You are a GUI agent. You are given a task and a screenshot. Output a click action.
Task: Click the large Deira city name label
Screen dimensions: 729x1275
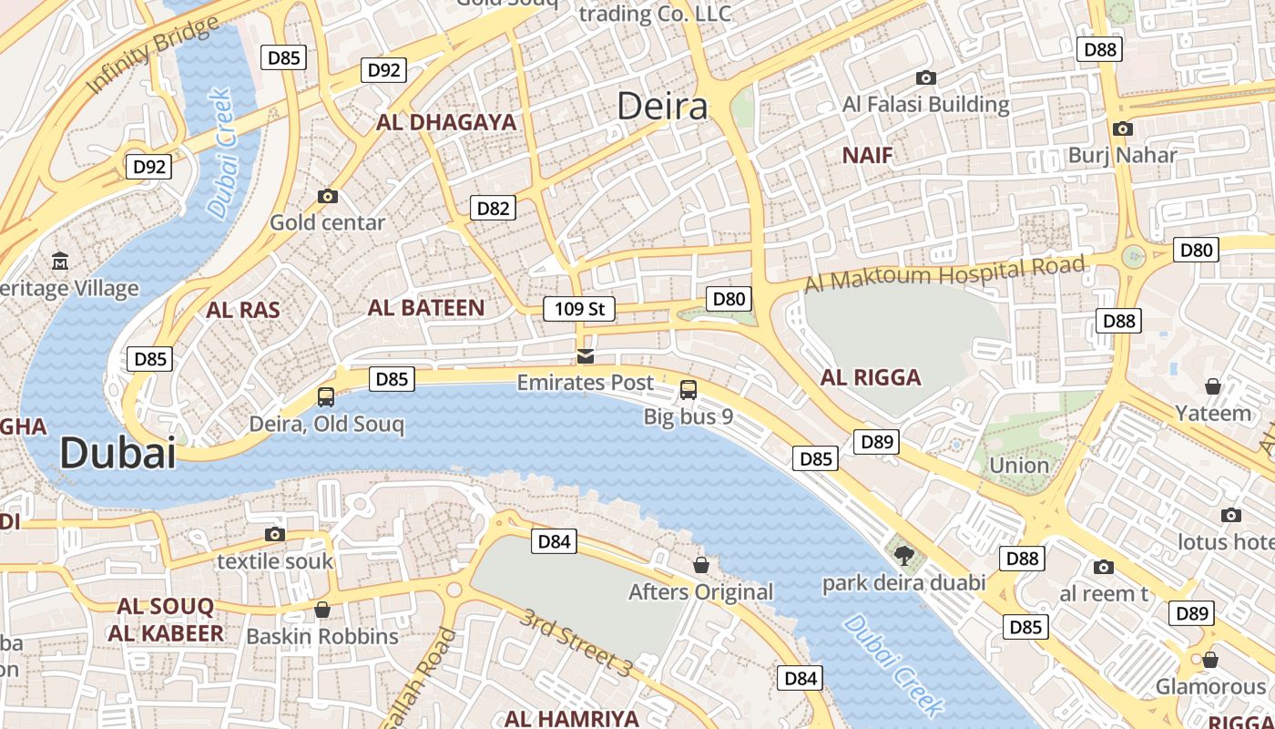pyautogui.click(x=662, y=107)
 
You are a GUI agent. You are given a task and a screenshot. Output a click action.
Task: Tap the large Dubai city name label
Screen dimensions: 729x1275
pyautogui.click(x=117, y=453)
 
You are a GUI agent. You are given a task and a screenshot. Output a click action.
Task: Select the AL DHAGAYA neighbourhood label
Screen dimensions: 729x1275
pyautogui.click(x=446, y=122)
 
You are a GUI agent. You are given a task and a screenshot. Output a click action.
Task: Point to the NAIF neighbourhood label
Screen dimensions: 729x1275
pyautogui.click(x=867, y=155)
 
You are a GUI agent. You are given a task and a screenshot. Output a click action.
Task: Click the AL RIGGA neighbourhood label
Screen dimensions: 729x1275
pyautogui.click(x=871, y=377)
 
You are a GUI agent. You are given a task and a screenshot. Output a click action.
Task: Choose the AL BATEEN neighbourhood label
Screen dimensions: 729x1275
pyautogui.click(x=426, y=308)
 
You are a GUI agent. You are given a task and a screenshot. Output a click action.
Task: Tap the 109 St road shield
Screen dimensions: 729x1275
pyautogui.click(x=579, y=309)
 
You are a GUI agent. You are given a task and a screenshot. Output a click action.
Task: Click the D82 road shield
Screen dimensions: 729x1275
pyautogui.click(x=494, y=208)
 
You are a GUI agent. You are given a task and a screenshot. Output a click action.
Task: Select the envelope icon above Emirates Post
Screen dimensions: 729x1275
pyautogui.click(x=586, y=355)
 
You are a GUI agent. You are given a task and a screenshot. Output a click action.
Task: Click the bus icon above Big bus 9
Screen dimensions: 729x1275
pyautogui.click(x=688, y=390)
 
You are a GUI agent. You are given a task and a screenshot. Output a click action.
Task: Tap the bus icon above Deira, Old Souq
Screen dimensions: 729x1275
pyautogui.click(x=326, y=396)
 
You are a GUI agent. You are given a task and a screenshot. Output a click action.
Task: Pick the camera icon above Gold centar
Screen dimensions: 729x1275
pyautogui.click(x=328, y=196)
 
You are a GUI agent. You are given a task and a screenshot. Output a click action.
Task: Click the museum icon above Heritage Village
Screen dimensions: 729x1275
pyautogui.click(x=60, y=261)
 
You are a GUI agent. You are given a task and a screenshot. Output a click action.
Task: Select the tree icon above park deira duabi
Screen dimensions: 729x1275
pyautogui.click(x=903, y=555)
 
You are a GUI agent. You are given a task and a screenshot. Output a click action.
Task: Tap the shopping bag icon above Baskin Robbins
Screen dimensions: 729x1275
pyautogui.click(x=322, y=609)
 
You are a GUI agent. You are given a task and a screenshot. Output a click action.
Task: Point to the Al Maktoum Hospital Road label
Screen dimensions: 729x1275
pyautogui.click(x=944, y=274)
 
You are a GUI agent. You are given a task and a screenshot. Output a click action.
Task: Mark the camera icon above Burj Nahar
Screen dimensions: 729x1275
pyautogui.click(x=1123, y=128)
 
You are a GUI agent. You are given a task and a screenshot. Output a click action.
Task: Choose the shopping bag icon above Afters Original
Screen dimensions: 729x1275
pyautogui.click(x=701, y=565)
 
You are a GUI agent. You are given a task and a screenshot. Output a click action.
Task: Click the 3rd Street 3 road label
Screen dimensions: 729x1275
pyautogui.click(x=576, y=642)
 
